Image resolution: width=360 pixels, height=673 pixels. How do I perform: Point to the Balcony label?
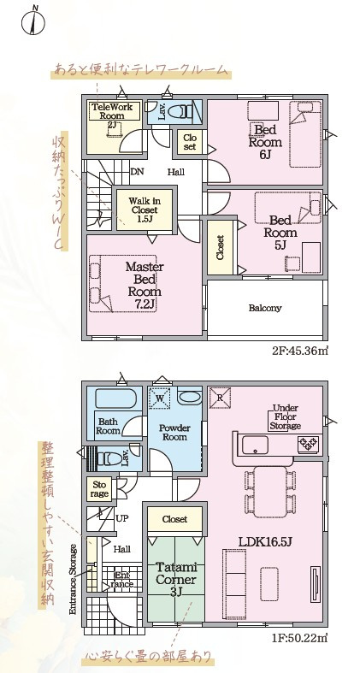265,308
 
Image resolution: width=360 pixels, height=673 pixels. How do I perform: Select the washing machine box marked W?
159,398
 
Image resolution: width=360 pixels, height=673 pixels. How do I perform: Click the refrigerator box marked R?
220,398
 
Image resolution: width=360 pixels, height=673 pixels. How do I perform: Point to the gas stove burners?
309,442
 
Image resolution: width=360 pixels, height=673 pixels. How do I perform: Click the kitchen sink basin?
255,445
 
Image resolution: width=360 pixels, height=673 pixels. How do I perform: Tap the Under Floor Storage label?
286,416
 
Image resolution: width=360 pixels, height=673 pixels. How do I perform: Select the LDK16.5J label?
265,541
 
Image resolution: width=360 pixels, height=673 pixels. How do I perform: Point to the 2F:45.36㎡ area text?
300,351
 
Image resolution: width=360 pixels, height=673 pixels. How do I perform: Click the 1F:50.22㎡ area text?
299,638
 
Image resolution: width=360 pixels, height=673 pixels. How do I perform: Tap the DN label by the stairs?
138,172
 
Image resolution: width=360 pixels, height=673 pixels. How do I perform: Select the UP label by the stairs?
122,518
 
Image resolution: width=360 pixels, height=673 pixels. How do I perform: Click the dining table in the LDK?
270,492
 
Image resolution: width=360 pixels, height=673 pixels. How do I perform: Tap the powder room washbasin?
189,397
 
